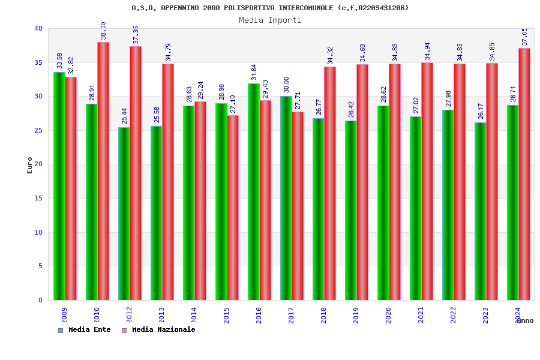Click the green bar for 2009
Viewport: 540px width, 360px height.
59,186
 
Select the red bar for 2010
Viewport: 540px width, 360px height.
103,171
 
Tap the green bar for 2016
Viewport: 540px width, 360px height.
253,191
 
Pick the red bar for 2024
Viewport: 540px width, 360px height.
524,174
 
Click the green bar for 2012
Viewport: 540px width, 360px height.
124,214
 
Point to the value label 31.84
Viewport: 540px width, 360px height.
254,72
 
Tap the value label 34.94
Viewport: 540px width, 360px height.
427,52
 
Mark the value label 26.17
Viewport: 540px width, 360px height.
481,111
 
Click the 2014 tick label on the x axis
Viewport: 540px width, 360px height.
193,315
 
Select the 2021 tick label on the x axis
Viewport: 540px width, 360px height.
420,315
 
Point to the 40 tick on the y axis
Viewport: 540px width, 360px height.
38,28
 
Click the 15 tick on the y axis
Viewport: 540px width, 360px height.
38,198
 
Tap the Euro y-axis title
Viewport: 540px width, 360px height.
30,165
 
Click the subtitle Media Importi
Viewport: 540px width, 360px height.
270,20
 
